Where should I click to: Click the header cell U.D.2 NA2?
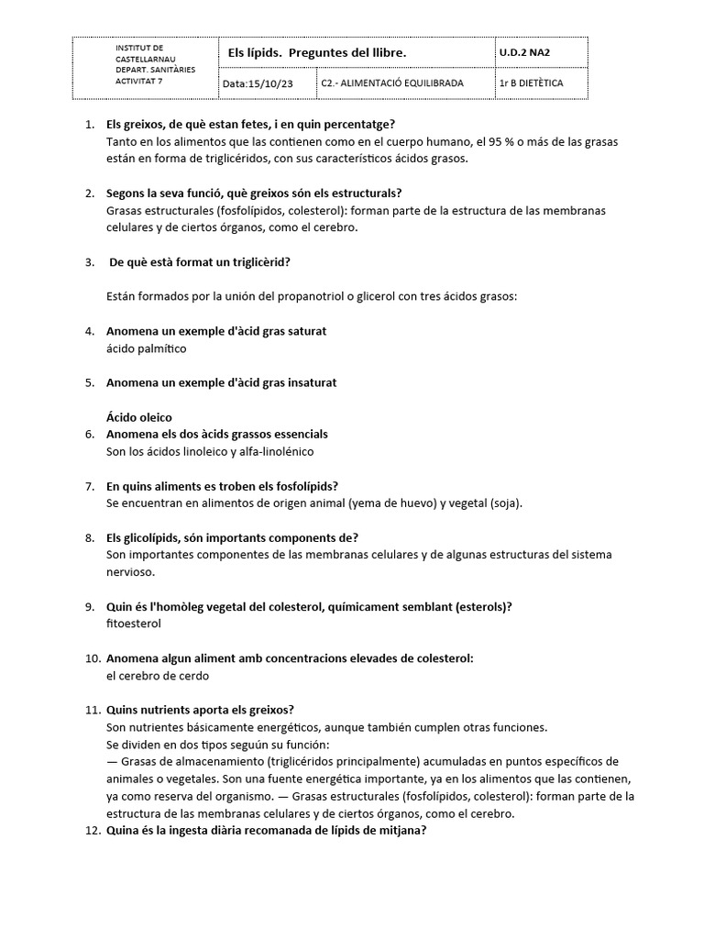(525, 53)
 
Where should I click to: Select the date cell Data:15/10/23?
(259, 83)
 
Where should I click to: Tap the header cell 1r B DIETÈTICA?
(531, 83)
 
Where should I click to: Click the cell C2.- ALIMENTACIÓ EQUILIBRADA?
(392, 83)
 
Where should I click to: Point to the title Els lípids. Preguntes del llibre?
(316, 53)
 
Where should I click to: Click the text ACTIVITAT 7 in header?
(138, 80)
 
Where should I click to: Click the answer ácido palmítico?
(147, 348)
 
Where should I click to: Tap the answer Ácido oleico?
(139, 417)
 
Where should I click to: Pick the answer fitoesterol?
(134, 624)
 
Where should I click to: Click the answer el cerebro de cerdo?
(158, 676)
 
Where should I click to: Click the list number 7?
(90, 486)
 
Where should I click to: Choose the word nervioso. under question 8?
(131, 572)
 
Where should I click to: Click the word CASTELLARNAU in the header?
(145, 57)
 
